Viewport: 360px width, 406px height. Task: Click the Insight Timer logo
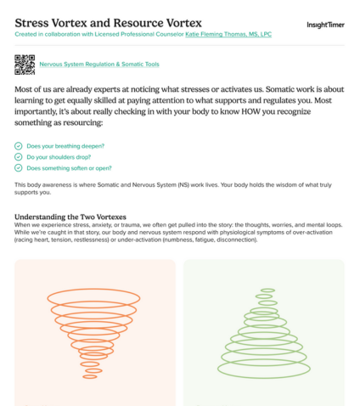pos(325,25)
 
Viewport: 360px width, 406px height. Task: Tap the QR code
pos(25,65)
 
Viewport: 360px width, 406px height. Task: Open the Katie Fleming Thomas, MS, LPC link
pos(228,34)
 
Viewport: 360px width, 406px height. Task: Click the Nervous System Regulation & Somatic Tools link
pos(99,65)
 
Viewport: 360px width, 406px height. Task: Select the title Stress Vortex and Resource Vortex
pos(108,23)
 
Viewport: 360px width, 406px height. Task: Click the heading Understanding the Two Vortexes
pos(70,217)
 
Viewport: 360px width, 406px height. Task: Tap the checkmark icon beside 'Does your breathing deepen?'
pos(19,146)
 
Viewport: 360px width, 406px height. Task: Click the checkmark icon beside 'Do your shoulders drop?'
pos(19,157)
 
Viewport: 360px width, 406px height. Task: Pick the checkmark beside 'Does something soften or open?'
pos(19,168)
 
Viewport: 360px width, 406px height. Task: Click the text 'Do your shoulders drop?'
pos(59,157)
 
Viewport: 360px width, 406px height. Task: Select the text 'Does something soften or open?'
pos(69,168)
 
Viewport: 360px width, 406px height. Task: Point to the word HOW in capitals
pos(250,111)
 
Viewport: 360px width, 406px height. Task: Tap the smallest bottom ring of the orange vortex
pos(90,378)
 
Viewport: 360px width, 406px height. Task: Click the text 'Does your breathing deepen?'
pos(65,146)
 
